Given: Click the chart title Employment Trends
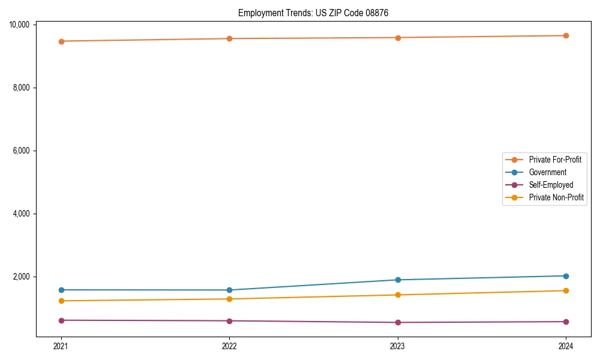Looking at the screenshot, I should [313, 13].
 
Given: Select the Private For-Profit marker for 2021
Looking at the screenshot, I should [61, 41].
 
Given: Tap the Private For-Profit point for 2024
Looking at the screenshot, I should [566, 35].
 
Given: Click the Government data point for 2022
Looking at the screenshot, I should [229, 290].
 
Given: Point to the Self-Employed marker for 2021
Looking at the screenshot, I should [61, 320].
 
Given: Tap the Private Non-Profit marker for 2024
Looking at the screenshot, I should [566, 290].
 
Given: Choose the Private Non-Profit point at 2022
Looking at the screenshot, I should [229, 299].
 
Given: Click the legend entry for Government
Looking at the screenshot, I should [547, 172].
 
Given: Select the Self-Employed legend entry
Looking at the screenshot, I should [551, 185].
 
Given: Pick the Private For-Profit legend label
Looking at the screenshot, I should [554, 160].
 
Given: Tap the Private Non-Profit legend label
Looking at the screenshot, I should [556, 197].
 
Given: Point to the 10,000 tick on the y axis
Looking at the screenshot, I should [20, 25].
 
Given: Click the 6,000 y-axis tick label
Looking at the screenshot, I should [22, 151].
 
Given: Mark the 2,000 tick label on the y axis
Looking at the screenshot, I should [22, 277].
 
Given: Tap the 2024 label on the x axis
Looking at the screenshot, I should [566, 346].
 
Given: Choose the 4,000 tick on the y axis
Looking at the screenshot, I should [22, 214].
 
